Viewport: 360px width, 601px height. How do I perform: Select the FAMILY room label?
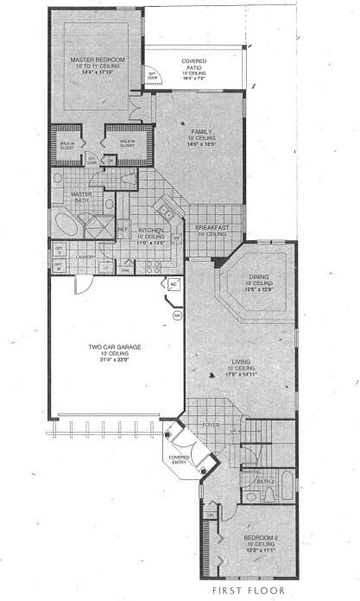201,131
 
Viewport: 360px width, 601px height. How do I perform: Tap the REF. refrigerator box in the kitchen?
123,230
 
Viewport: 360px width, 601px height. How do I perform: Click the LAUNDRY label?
85,256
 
